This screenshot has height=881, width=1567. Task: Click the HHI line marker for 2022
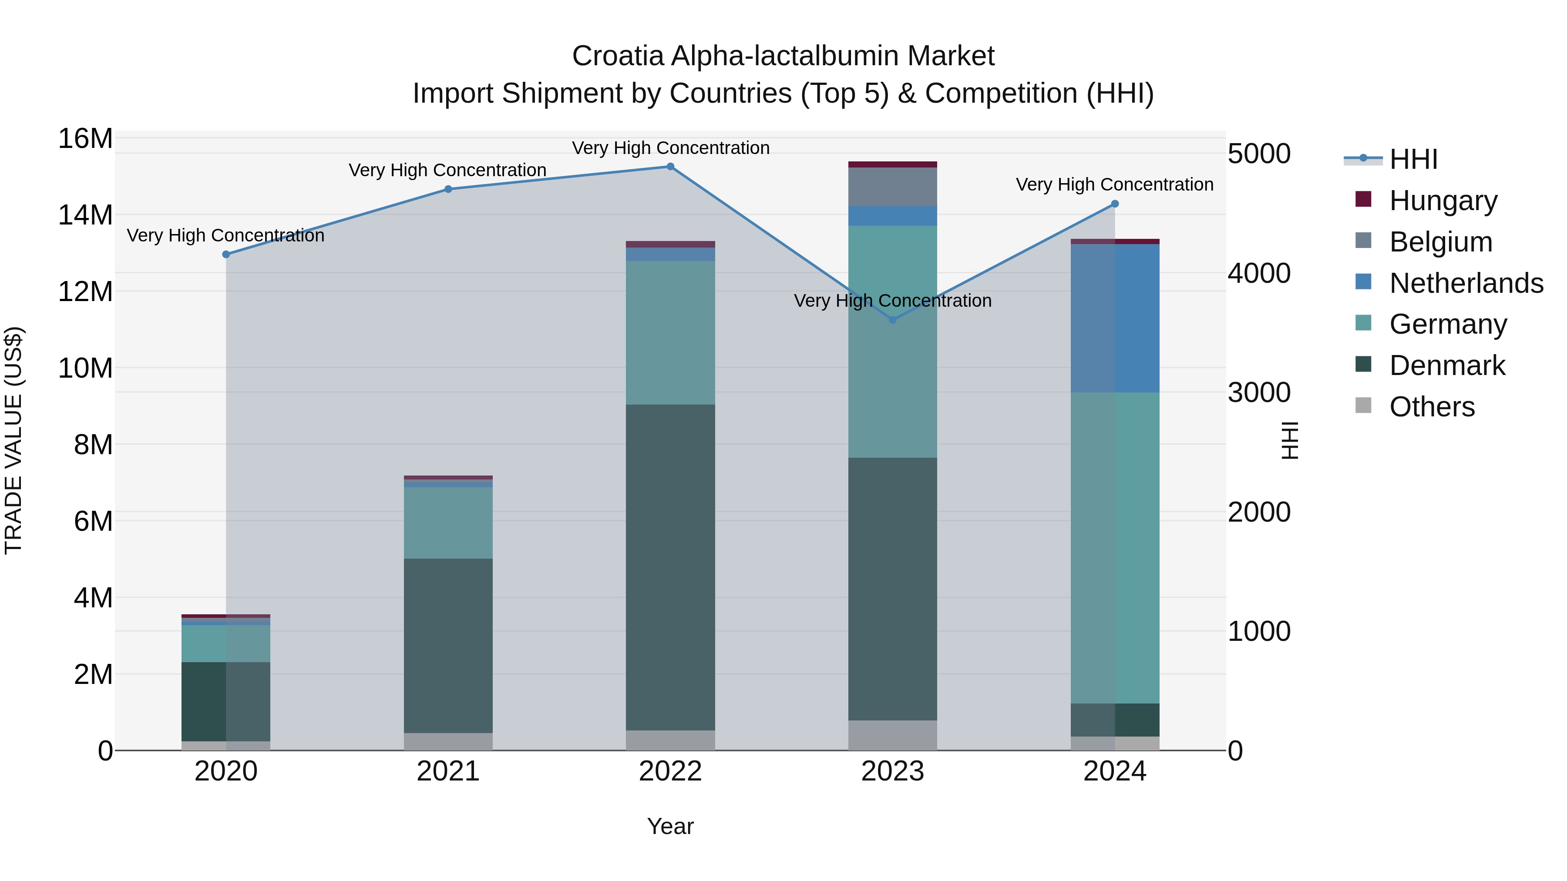(x=670, y=167)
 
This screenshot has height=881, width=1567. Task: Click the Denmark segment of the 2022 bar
(x=670, y=567)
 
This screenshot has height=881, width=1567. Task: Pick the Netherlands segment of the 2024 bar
(x=1115, y=318)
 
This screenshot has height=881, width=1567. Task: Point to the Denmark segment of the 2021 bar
(x=448, y=646)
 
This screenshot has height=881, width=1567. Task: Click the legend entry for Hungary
(x=1443, y=201)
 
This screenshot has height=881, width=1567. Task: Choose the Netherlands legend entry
(x=1466, y=283)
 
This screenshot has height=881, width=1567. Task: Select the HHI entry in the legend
(x=1413, y=159)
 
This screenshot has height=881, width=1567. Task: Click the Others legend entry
(x=1432, y=407)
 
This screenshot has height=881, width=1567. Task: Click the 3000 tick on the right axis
(x=1258, y=393)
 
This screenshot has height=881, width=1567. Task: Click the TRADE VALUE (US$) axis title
(x=13, y=440)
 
